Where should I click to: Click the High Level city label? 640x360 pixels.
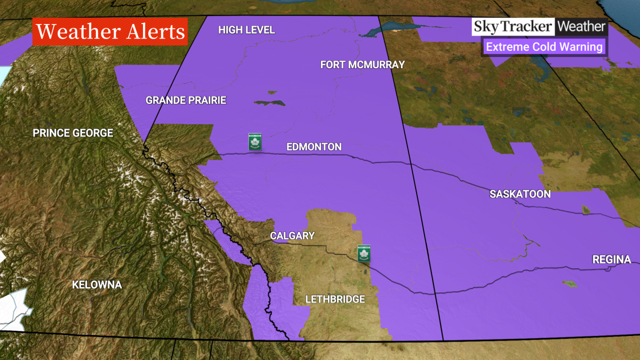coord(246,30)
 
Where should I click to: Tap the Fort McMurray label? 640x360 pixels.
coord(362,65)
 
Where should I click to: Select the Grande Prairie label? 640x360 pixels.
coord(186,100)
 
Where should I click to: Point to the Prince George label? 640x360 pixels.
coord(73,133)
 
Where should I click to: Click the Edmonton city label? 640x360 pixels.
coord(314,147)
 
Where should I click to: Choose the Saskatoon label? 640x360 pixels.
coord(520,194)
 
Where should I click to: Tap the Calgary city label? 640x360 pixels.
coord(292,236)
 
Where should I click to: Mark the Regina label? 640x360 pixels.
coord(611,260)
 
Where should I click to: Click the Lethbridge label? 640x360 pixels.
coord(335,299)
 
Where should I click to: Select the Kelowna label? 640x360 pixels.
coord(97,285)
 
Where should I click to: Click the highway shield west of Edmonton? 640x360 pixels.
coord(255,142)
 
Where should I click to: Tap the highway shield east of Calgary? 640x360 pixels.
coord(364,253)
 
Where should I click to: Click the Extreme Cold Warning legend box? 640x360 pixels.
coord(544,47)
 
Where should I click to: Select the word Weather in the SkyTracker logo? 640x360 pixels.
coord(582,27)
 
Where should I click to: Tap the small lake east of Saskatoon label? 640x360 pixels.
coord(586,210)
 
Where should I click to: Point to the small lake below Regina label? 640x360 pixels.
coord(570,284)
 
